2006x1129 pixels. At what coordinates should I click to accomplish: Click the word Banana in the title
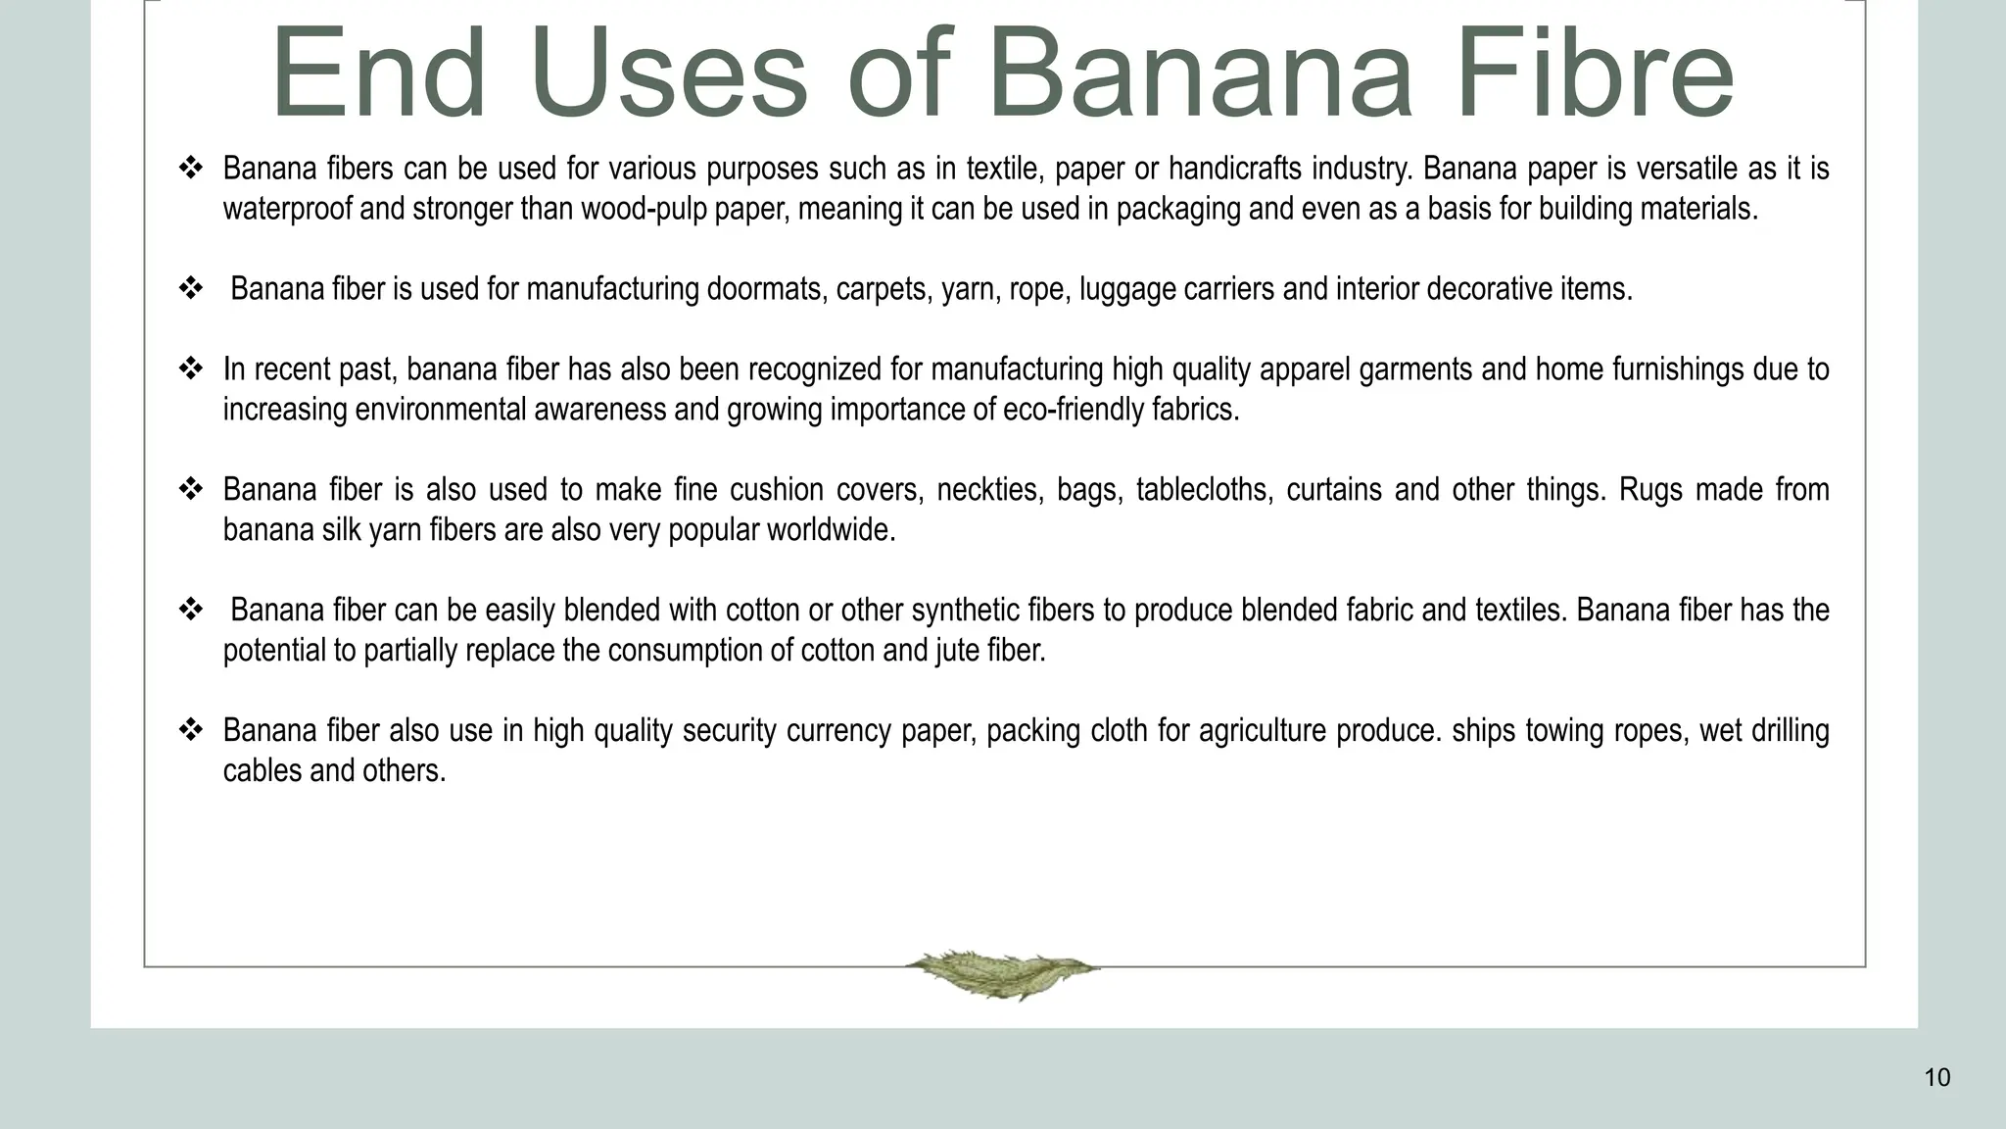coord(1201,74)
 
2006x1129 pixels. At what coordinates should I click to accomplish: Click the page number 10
coord(1936,1078)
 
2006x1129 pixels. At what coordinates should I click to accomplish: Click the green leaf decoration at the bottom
coord(1002,972)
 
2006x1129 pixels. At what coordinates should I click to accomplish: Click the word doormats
coord(766,290)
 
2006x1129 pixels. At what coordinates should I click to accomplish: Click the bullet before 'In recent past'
coord(190,369)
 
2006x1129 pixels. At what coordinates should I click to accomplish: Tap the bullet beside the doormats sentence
coord(190,289)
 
